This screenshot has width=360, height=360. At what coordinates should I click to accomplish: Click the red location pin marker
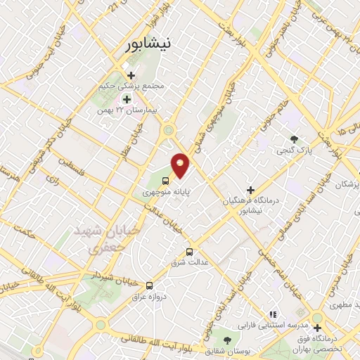click(x=181, y=165)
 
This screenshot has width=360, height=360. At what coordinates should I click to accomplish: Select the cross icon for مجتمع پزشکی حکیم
click(x=131, y=75)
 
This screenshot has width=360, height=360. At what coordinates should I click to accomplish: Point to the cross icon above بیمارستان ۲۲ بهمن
click(x=126, y=99)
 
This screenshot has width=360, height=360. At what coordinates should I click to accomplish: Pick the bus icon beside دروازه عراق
click(x=149, y=285)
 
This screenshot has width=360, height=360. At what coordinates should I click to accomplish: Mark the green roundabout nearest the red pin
click(x=169, y=129)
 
